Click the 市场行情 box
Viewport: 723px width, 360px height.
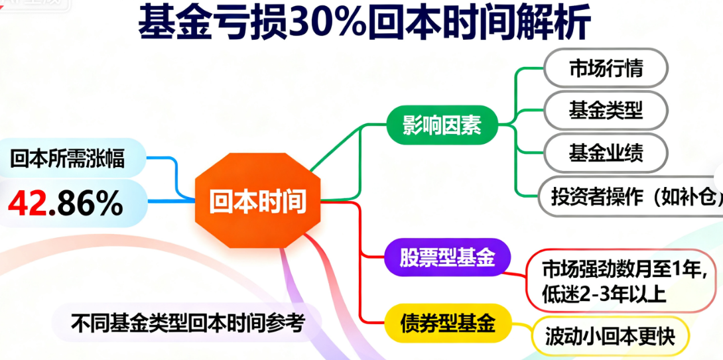point(606,68)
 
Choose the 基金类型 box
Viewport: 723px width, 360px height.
point(606,110)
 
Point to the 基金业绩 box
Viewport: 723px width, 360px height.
point(606,152)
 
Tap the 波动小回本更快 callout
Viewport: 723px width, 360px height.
point(609,337)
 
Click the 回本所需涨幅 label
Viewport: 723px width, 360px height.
point(68,158)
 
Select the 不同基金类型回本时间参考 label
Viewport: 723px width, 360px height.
point(187,324)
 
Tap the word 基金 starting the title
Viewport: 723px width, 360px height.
point(166,25)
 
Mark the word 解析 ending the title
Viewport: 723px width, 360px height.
point(560,25)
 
